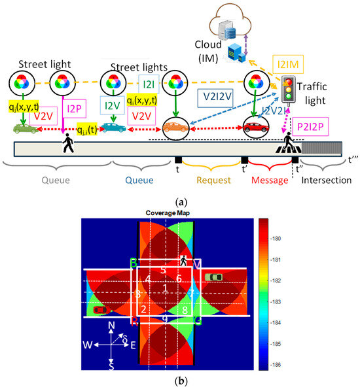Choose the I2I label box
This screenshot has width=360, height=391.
pos(147,85)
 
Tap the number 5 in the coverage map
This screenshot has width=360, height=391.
pos(164,270)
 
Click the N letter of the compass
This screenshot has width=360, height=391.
pos(112,325)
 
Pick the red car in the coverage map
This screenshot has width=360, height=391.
pos(99,309)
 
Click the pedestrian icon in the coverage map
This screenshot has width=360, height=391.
pos(183,261)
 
